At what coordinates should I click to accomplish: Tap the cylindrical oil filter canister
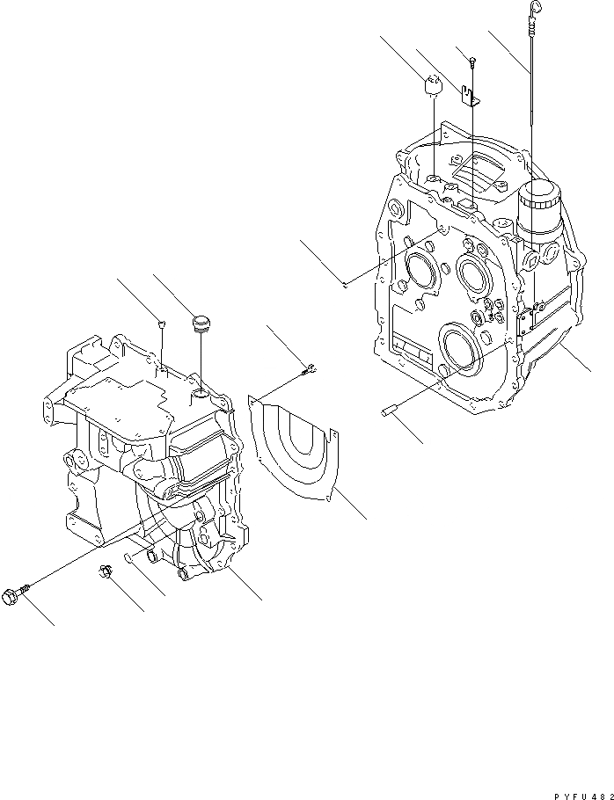[x=537, y=213]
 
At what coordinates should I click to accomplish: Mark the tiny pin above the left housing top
[x=162, y=324]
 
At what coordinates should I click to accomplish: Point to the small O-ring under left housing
[x=129, y=557]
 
